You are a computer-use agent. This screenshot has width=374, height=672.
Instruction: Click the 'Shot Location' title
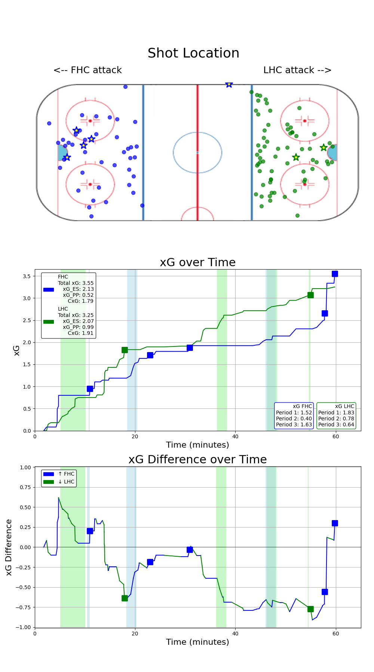[x=193, y=53]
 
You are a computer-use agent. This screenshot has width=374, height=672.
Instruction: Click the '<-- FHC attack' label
[x=88, y=70]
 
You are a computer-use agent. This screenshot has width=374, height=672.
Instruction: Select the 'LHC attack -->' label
[x=297, y=70]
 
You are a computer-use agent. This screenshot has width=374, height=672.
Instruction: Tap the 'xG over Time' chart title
[x=197, y=262]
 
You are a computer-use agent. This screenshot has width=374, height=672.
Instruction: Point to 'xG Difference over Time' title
[x=197, y=460]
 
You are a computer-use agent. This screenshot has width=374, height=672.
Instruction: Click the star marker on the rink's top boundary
[x=229, y=84]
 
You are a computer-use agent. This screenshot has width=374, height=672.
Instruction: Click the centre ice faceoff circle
[x=197, y=152]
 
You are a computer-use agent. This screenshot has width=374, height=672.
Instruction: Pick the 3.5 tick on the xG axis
[x=26, y=276]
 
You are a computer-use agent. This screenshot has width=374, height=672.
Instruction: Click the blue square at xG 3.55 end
[x=335, y=274]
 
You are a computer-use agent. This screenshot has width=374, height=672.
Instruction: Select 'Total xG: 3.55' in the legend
[x=76, y=283]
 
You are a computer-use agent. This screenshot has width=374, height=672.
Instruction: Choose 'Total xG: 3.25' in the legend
[x=76, y=315]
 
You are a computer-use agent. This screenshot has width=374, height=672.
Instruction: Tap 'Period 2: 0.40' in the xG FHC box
[x=294, y=419]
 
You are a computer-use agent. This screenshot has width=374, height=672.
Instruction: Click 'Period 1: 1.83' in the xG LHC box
[x=336, y=413]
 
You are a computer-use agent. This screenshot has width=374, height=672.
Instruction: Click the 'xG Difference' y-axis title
[x=9, y=547]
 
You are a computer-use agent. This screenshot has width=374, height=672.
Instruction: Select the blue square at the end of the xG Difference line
[x=335, y=523]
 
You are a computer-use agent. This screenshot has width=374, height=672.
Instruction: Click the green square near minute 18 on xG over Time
[x=125, y=350]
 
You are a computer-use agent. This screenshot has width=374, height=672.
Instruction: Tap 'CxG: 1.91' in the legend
[x=80, y=333]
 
